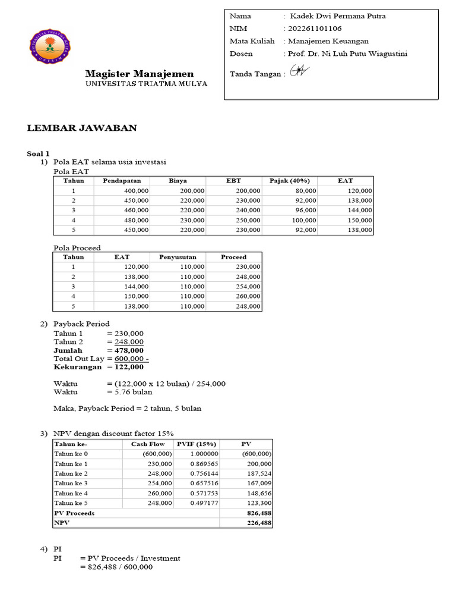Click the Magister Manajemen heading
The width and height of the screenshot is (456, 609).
[139, 74]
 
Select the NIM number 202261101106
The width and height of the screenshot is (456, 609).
[314, 29]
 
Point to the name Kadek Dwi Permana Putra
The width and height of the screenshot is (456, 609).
[337, 16]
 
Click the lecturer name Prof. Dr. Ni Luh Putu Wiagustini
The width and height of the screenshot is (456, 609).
[347, 54]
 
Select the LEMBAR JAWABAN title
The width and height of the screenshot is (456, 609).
[83, 128]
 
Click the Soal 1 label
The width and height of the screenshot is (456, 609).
[39, 153]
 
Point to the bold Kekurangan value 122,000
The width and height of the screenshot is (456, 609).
[126, 367]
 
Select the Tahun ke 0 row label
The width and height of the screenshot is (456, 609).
[71, 454]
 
